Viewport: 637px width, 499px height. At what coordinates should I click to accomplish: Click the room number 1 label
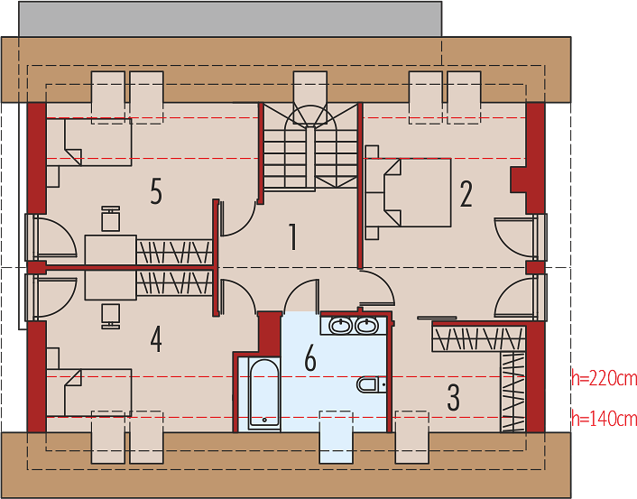pos(292,236)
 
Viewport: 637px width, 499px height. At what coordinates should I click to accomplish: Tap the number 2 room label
pos(466,194)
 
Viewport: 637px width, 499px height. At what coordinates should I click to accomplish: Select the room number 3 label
pos(453,397)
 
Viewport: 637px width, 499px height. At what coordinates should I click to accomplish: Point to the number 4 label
pos(156,339)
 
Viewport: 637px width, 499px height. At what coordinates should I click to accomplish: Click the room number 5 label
pos(156,191)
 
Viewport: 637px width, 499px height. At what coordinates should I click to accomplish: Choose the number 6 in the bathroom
pos(310,357)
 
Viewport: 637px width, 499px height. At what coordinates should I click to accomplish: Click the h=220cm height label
pos(605,378)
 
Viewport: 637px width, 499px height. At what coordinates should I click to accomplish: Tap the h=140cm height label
pos(605,418)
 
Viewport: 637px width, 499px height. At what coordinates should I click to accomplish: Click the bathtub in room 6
pos(264,393)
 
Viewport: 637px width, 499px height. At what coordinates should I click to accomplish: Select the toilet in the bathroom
pos(371,384)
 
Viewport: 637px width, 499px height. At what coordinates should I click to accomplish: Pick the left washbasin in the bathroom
pos(340,326)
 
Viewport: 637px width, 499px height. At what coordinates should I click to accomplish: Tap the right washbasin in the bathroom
pos(367,326)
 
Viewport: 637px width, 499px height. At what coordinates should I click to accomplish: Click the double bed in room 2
pos(409,192)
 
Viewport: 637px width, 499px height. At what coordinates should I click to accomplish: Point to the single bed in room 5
pos(89,142)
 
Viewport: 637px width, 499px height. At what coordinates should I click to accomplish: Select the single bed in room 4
pos(89,393)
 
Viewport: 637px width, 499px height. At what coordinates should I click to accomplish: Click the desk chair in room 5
pos(110,219)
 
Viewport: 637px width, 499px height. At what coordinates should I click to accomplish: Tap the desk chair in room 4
pos(110,316)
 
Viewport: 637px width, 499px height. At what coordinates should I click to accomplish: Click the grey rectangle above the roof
pos(230,19)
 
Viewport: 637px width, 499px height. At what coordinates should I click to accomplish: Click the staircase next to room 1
pos(310,147)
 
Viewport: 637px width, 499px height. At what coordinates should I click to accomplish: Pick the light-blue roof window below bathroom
pos(336,437)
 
